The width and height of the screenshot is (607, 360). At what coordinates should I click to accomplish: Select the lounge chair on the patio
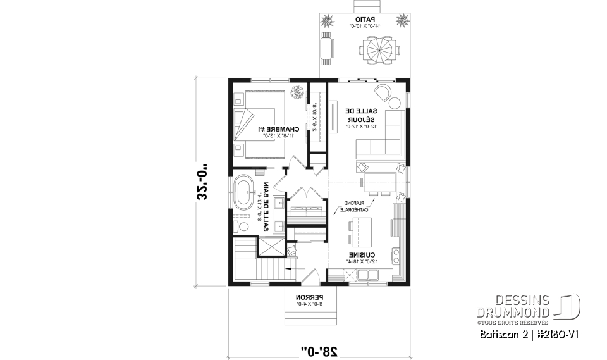coord(326,48)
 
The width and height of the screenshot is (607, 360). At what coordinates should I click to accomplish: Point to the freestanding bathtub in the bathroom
coord(245,193)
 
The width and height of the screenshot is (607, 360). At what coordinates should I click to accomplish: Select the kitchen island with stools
coord(359,230)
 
